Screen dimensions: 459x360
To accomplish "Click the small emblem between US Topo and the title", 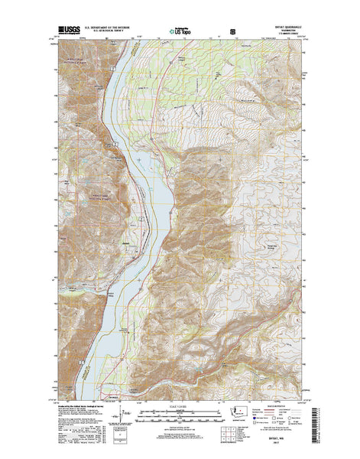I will click(x=232, y=34).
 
